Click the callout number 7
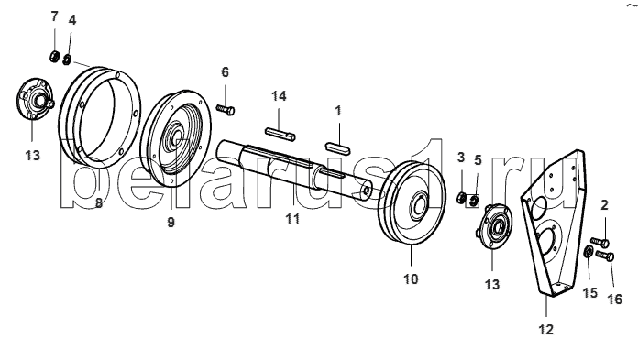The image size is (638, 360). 54,16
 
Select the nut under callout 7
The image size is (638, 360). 54,57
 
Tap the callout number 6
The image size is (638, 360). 225,72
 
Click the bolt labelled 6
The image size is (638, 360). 225,109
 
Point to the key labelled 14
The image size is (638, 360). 280,135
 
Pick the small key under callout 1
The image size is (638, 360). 337,147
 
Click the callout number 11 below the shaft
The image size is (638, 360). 292,218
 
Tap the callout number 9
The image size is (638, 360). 170,222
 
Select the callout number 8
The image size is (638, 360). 99,202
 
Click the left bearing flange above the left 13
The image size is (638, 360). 35,99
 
